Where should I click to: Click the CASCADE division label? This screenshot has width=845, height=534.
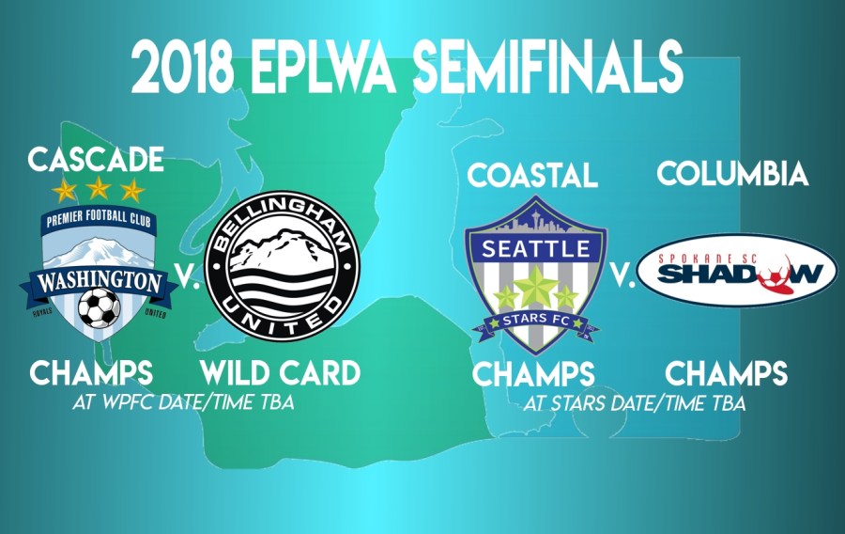click(x=96, y=159)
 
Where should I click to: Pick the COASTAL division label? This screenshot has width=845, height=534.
click(x=532, y=174)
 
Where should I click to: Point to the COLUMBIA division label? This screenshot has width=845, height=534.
click(x=732, y=174)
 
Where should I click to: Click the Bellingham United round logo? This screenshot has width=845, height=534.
click(x=282, y=263)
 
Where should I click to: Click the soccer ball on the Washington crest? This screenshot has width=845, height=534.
click(x=98, y=307)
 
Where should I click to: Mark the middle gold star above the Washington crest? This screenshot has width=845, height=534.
click(x=98, y=190)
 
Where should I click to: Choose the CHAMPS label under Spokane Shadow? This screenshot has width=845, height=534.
click(x=726, y=374)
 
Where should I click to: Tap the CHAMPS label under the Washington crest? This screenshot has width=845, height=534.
click(x=91, y=372)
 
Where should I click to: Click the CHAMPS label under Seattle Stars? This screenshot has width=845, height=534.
click(x=532, y=374)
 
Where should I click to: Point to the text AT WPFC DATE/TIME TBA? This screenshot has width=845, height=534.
click(x=182, y=402)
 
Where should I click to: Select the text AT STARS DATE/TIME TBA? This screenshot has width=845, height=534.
click(x=636, y=403)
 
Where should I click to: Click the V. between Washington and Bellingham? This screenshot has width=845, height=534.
click(x=188, y=280)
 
